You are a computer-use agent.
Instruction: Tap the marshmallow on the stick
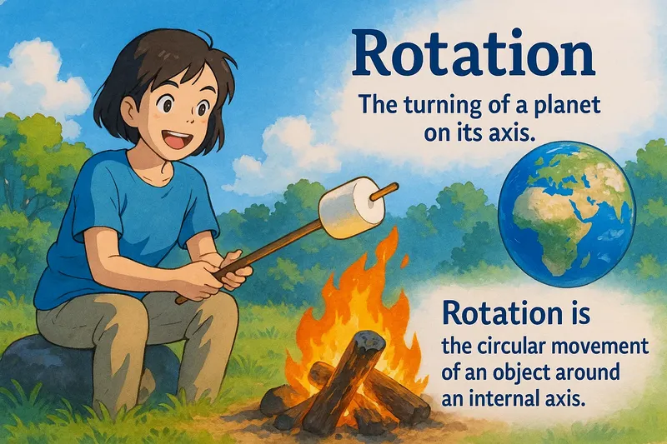coord(350,209)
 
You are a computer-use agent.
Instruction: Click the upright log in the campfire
coord(342,379)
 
